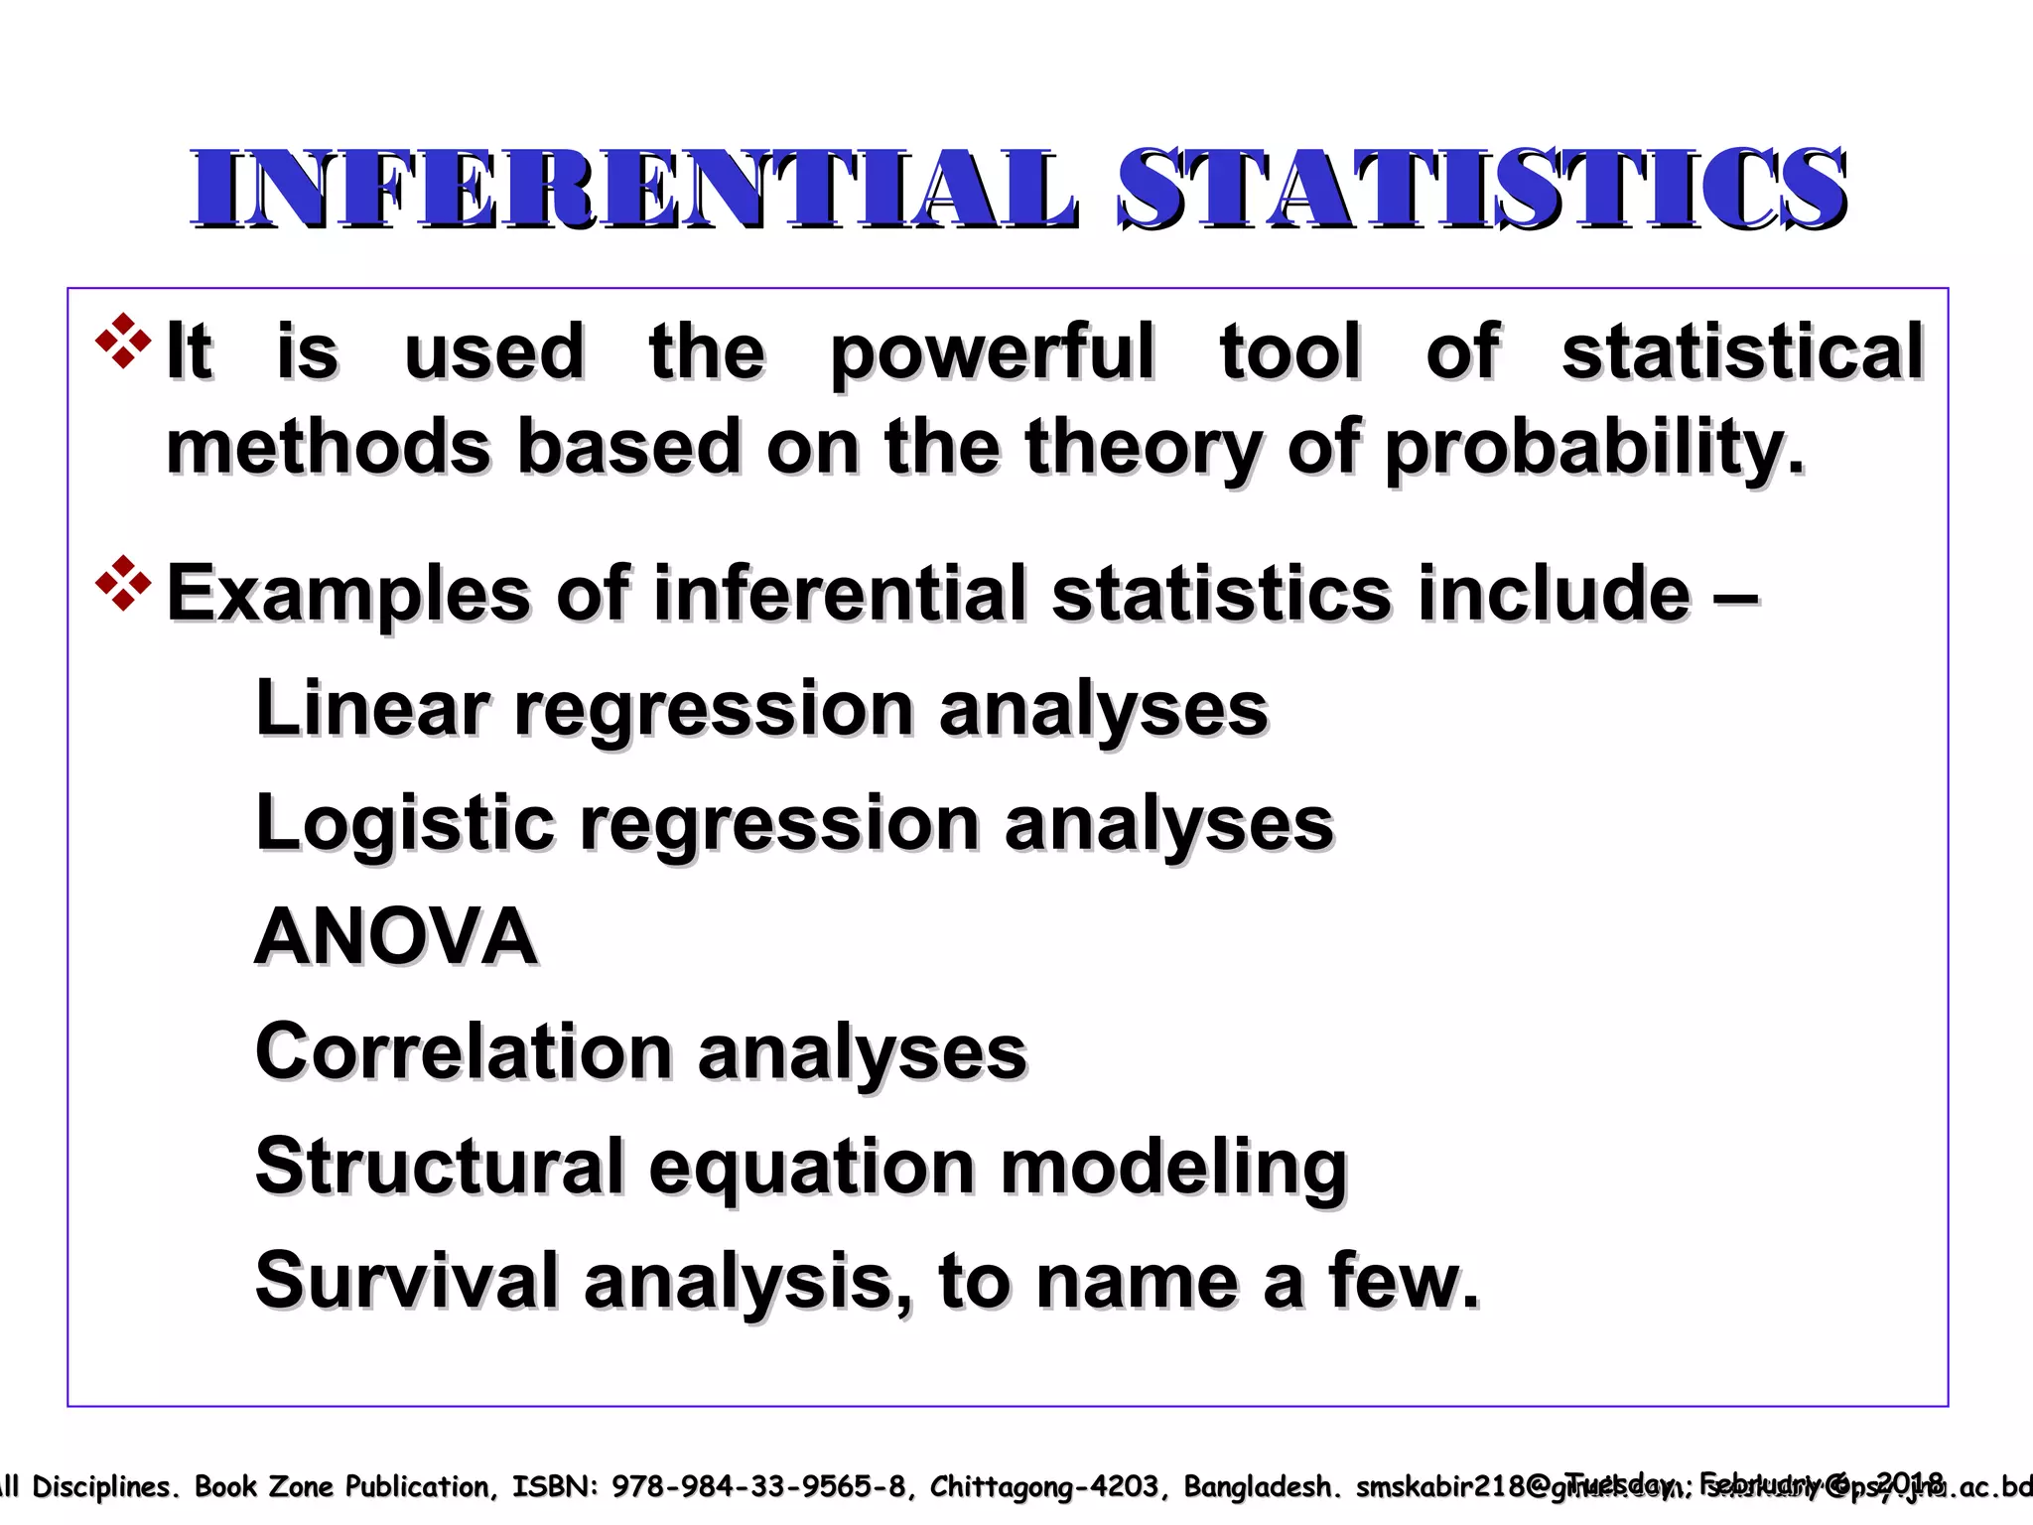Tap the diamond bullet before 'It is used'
(x=123, y=342)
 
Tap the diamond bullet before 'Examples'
(x=123, y=584)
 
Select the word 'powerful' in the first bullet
(x=993, y=353)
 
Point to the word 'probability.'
(x=1594, y=449)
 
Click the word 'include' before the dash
(x=1554, y=594)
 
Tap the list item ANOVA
(x=396, y=937)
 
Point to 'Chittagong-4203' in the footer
(x=1043, y=1486)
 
